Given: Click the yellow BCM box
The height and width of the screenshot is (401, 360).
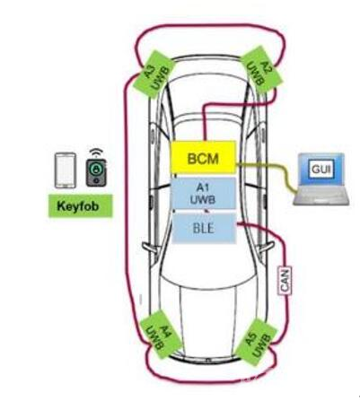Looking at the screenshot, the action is [x=203, y=157].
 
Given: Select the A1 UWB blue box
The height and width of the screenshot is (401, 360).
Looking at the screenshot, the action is [x=203, y=193].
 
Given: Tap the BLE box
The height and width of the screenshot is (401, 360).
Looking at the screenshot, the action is [x=205, y=228].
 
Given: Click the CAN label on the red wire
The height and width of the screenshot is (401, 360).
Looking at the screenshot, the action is [x=285, y=281].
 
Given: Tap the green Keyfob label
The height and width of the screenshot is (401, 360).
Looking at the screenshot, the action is [x=81, y=205].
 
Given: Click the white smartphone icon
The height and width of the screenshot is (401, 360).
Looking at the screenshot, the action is [x=66, y=170].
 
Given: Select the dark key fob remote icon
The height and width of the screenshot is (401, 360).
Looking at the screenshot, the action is [x=96, y=172].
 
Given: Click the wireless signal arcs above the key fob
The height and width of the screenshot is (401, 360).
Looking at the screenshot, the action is [x=96, y=153].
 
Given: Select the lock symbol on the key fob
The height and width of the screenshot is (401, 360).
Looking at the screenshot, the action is [x=96, y=170].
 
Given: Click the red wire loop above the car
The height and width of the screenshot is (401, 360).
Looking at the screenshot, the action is [x=209, y=25].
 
